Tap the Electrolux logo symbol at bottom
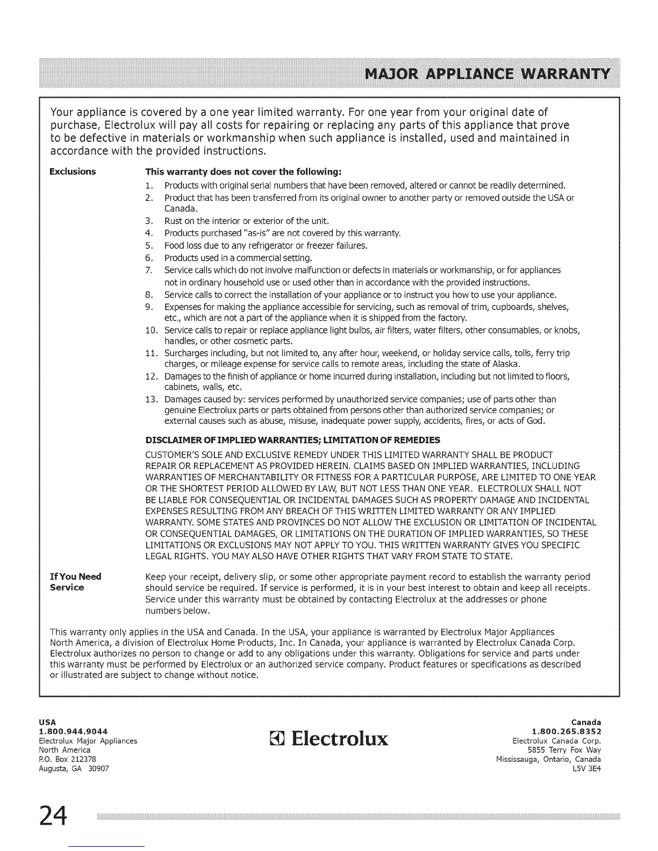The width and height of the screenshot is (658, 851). (x=277, y=740)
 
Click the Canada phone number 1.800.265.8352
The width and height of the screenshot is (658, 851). (x=566, y=731)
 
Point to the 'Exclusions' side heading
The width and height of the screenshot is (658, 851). (x=73, y=171)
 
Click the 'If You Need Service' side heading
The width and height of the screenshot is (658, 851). (x=75, y=582)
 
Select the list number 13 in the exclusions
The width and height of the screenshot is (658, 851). (x=151, y=399)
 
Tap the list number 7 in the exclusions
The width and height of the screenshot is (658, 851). (x=150, y=270)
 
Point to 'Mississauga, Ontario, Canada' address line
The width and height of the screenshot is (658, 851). (x=548, y=759)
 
